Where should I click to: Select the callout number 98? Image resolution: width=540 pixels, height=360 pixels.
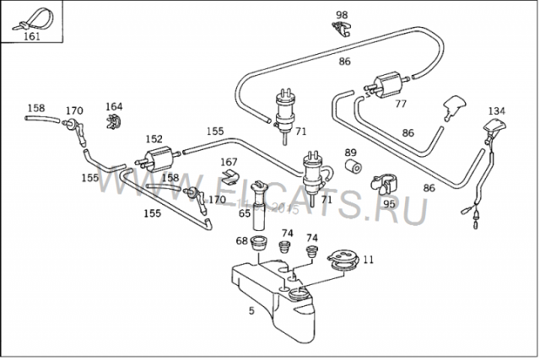pyautogui.click(x=341, y=15)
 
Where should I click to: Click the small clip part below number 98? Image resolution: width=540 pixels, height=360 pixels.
pyautogui.click(x=341, y=30)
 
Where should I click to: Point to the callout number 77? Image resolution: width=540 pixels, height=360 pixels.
pyautogui.click(x=400, y=105)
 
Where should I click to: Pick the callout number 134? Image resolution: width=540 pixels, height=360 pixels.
pyautogui.click(x=497, y=111)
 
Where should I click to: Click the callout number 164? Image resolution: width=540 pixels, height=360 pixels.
pyautogui.click(x=114, y=107)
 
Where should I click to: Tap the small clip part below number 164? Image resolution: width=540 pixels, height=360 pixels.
pyautogui.click(x=114, y=123)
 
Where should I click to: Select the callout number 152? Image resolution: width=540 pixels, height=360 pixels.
pyautogui.click(x=154, y=139)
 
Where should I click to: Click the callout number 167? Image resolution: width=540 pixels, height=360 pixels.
pyautogui.click(x=229, y=162)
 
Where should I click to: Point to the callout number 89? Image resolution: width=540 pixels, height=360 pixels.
pyautogui.click(x=350, y=152)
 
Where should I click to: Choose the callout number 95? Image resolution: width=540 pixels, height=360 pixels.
pyautogui.click(x=389, y=203)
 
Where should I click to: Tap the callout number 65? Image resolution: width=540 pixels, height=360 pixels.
pyautogui.click(x=245, y=214)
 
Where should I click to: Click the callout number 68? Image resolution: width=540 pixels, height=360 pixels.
pyautogui.click(x=241, y=241)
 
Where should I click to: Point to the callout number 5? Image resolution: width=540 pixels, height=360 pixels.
pyautogui.click(x=251, y=310)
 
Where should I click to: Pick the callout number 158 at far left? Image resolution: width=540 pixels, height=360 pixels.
pyautogui.click(x=36, y=108)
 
